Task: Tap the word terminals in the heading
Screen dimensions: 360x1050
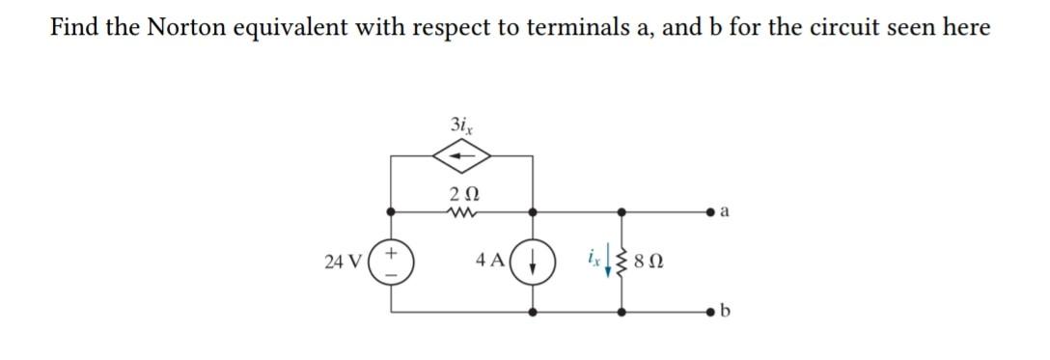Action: click(550, 27)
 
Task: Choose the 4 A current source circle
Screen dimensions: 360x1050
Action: click(534, 261)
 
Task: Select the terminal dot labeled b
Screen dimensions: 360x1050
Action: click(712, 312)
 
